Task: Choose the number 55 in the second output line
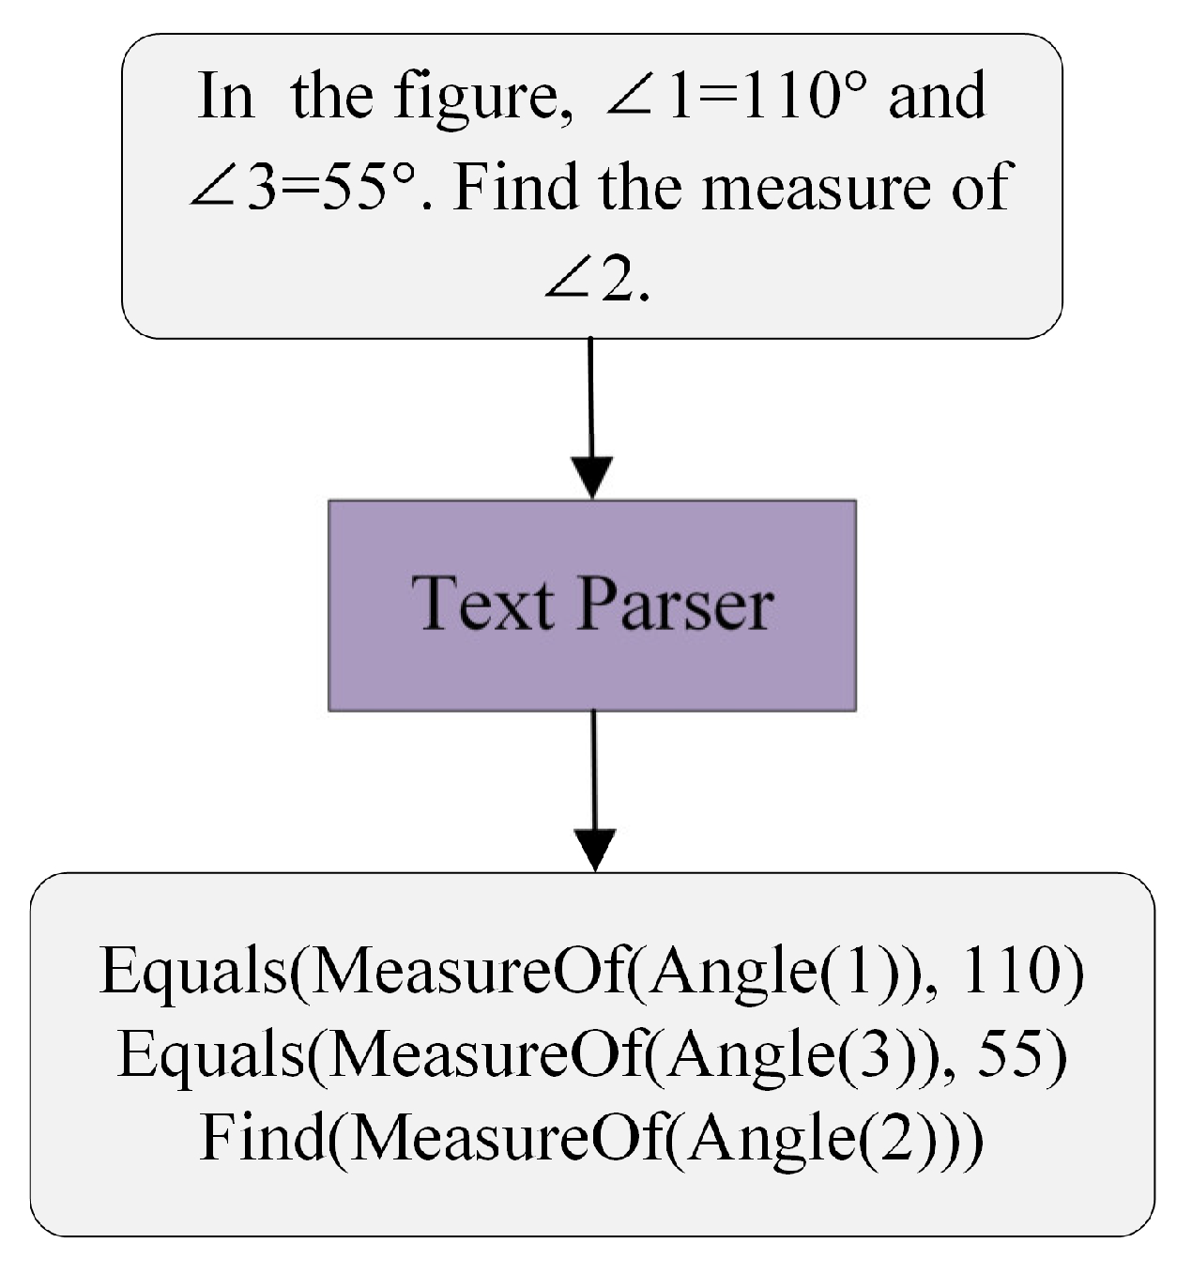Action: point(1016,1054)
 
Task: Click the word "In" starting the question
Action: point(225,96)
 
